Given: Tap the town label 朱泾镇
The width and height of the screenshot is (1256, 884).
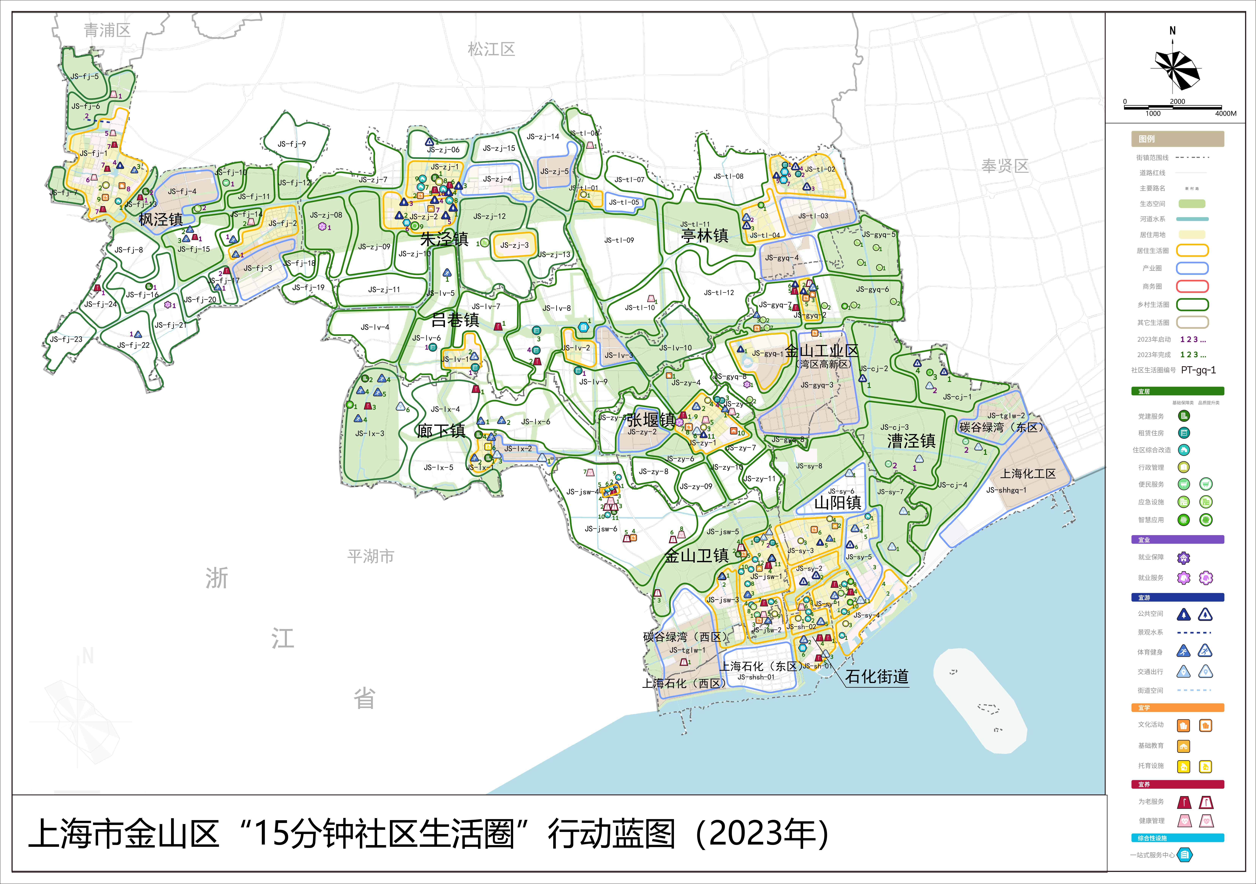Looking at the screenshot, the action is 444,239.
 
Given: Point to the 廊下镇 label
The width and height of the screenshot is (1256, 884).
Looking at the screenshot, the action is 441,431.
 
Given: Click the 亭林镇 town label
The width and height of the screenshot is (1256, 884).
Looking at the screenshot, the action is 705,236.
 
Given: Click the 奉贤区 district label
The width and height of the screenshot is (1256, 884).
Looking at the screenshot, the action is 1005,166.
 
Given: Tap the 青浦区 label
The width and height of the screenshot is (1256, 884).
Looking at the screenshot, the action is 107,30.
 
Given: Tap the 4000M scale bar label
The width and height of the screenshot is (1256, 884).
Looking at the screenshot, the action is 1225,114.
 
